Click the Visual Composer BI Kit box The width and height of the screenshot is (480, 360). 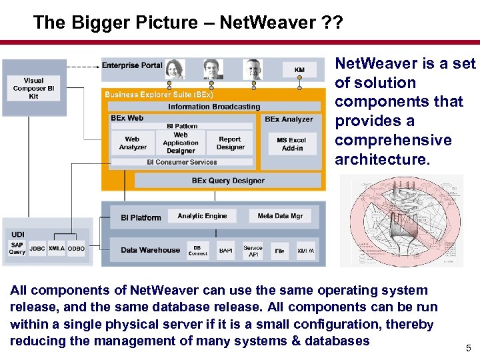pyautogui.click(x=33, y=88)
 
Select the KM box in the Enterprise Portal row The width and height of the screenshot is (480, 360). pyautogui.click(x=299, y=69)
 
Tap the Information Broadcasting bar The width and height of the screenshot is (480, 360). pyautogui.click(x=214, y=107)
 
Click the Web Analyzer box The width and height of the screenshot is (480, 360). pyautogui.click(x=133, y=143)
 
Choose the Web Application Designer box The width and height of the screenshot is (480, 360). pyautogui.click(x=181, y=143)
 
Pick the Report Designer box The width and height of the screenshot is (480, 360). pyautogui.click(x=231, y=143)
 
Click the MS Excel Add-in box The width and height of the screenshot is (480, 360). pyautogui.click(x=291, y=143)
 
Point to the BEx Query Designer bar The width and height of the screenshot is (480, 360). pyautogui.click(x=228, y=181)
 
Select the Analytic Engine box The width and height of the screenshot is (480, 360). pyautogui.click(x=202, y=216)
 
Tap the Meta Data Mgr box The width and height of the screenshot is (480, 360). pyautogui.click(x=280, y=216)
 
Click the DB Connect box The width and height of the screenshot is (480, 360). pyautogui.click(x=198, y=250)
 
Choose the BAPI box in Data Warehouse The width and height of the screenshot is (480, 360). pyautogui.click(x=226, y=251)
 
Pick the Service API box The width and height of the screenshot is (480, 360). pyautogui.click(x=253, y=250)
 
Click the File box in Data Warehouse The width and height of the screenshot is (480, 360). pyautogui.click(x=280, y=251)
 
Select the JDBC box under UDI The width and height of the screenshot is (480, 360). pyautogui.click(x=37, y=248)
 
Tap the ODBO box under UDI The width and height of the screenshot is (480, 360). pyautogui.click(x=77, y=248)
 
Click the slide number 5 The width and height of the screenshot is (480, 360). pyautogui.click(x=469, y=347)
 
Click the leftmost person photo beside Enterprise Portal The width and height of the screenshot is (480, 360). pyautogui.click(x=175, y=69)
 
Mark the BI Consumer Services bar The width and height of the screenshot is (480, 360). pyautogui.click(x=182, y=162)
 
